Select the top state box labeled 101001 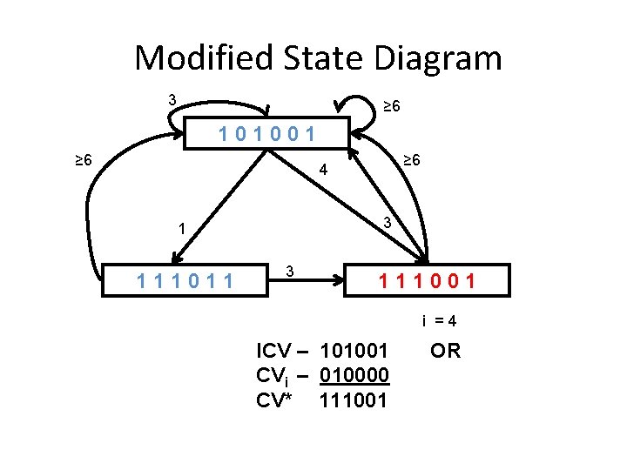coord(267,133)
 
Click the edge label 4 coord(322,170)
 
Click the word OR coord(445,351)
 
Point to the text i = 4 coord(439,320)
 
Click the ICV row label coord(281,352)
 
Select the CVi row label coord(281,376)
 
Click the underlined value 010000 coord(354,376)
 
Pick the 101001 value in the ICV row coord(354,352)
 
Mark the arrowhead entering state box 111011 coord(174,257)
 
